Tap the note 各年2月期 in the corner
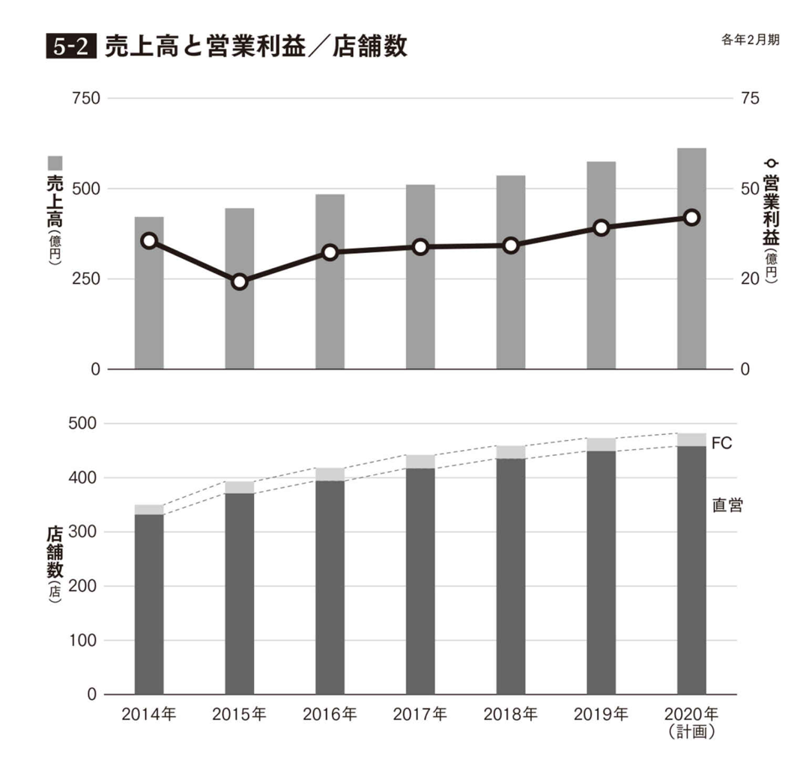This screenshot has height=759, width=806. click(748, 40)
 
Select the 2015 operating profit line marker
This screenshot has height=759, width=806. click(240, 282)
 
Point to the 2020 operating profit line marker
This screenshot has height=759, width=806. click(691, 217)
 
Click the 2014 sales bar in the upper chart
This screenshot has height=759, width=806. click(149, 293)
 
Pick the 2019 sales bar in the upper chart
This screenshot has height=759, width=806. click(601, 265)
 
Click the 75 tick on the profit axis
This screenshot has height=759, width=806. click(750, 99)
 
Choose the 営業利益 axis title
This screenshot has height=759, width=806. click(771, 206)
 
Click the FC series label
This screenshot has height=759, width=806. click(721, 443)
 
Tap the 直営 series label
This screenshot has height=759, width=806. click(727, 505)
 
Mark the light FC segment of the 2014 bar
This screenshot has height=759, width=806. click(149, 510)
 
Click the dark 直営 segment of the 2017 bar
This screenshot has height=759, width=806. click(420, 580)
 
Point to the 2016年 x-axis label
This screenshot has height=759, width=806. click(330, 714)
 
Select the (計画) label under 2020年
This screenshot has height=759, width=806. click(691, 732)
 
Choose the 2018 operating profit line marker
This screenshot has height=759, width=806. click(511, 246)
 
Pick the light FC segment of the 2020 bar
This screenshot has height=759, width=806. click(691, 439)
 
